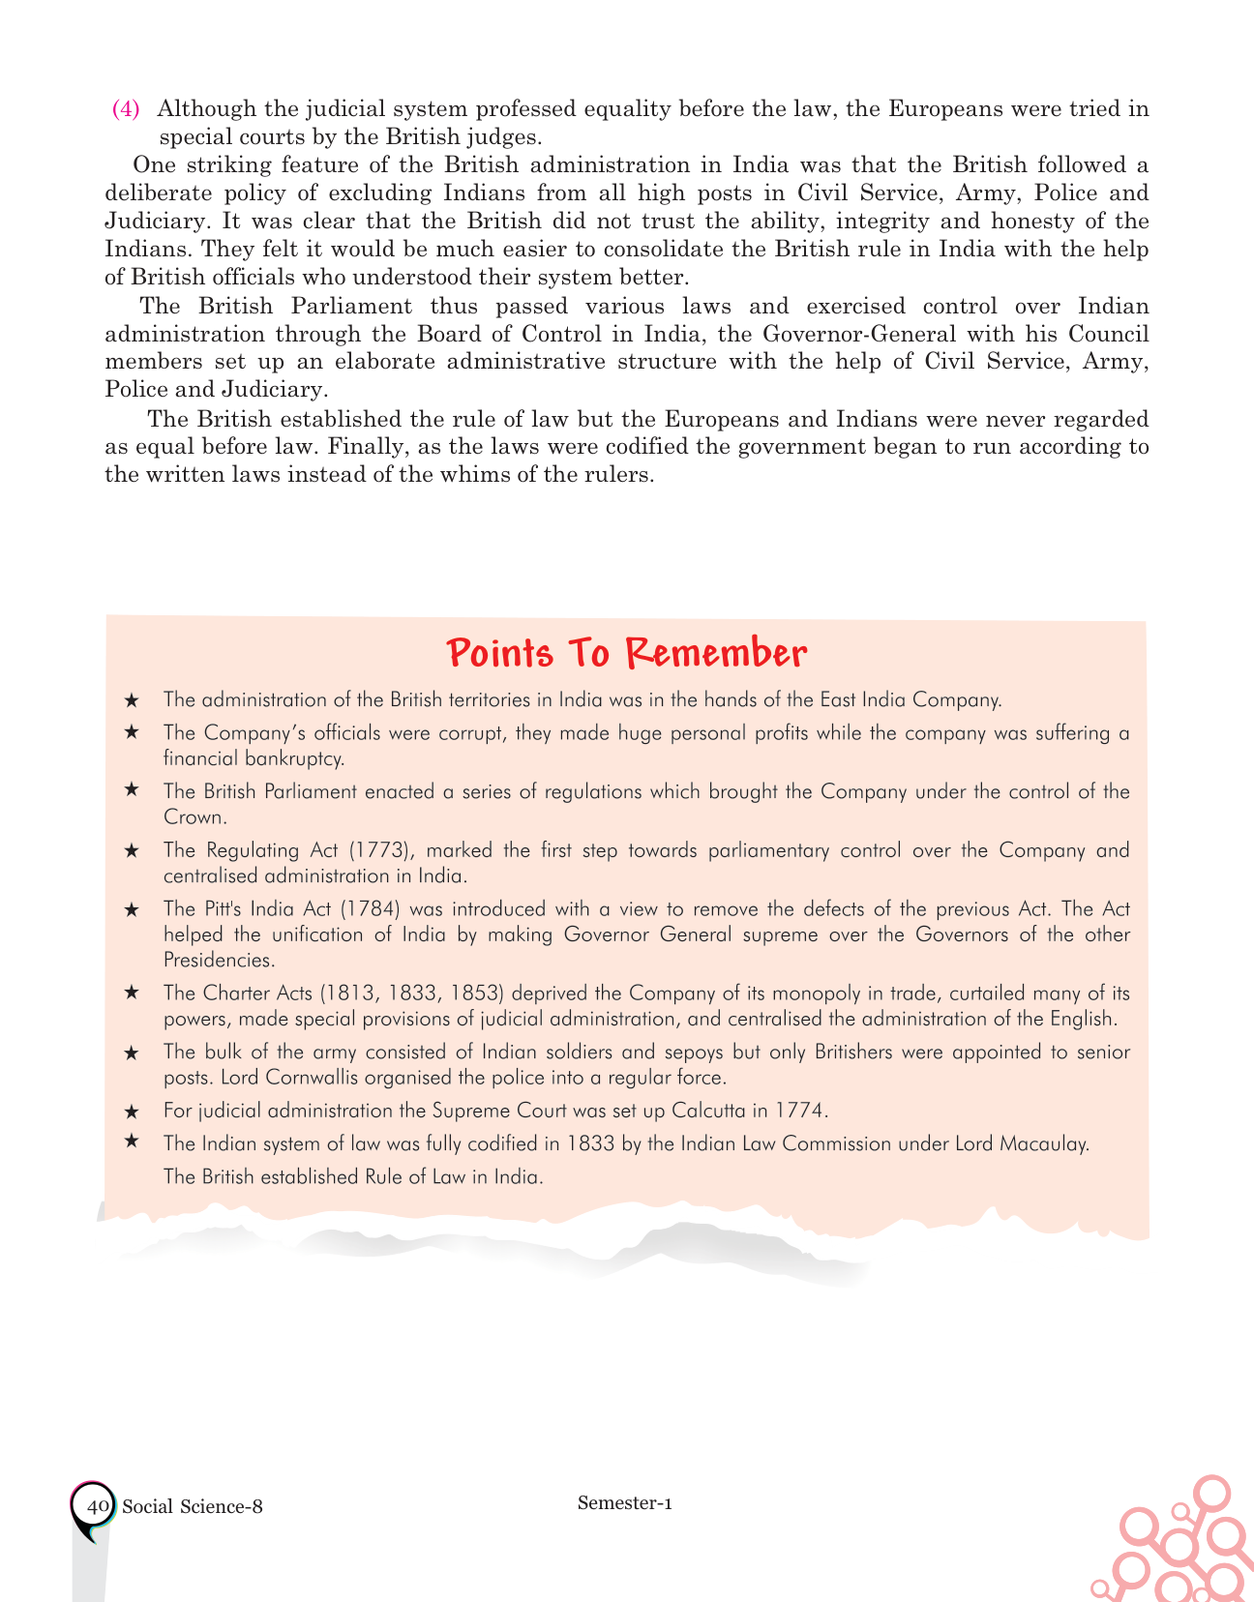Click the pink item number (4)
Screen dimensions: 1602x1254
click(127, 108)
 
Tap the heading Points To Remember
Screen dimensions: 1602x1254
click(627, 653)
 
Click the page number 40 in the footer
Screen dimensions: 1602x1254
click(96, 1506)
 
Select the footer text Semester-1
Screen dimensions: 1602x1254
click(624, 1502)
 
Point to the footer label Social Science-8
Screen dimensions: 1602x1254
click(193, 1506)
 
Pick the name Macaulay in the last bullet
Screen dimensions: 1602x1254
click(1049, 1143)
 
